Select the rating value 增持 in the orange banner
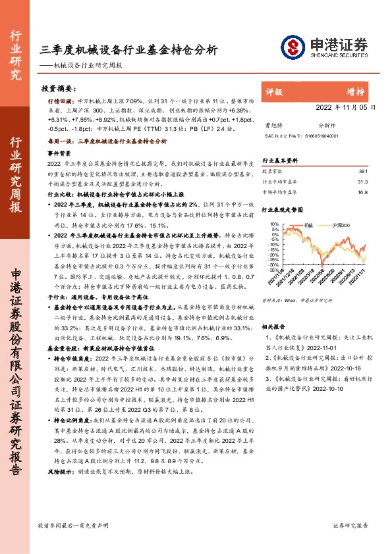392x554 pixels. (356, 92)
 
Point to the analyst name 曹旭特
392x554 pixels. (273, 124)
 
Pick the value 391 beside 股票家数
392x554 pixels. (362, 170)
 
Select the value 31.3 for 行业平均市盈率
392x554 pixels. (362, 182)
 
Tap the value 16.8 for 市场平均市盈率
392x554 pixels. (362, 193)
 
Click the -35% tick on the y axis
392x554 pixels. (273, 270)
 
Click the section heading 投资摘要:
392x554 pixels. (57, 88)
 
